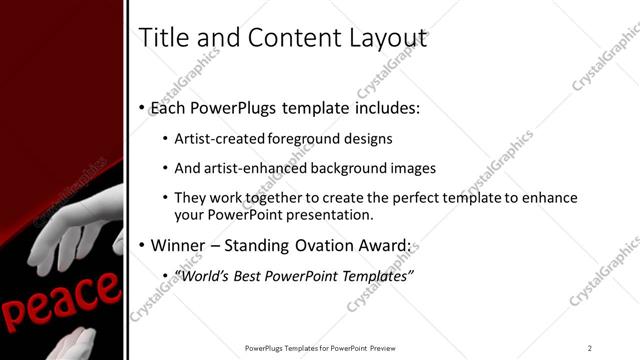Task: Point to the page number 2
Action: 590,347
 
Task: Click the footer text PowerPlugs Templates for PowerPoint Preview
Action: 324,347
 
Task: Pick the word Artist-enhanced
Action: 255,168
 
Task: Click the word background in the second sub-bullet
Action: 364,168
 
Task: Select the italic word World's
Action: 202,275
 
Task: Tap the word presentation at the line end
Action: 331,214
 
